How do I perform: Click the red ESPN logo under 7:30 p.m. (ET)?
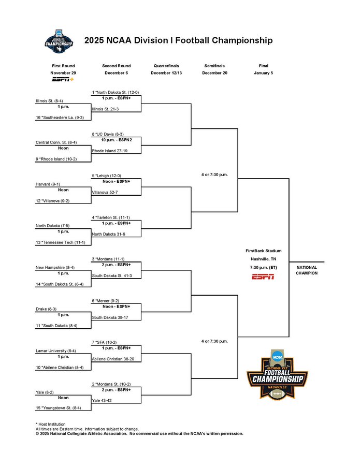[x=263, y=277]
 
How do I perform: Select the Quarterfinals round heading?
[x=167, y=66]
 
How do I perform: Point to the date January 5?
[x=263, y=73]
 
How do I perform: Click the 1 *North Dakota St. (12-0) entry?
[x=115, y=92]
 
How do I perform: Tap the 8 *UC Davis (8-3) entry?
[x=107, y=134]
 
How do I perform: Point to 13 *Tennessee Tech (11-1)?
[x=60, y=242]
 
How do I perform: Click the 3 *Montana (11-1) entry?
[x=108, y=259]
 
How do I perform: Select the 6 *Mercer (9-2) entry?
[x=106, y=300]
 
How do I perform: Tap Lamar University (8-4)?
[x=56, y=351]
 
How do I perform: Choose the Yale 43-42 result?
[x=103, y=400]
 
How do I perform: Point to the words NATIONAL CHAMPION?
[x=307, y=270]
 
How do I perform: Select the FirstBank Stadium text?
[x=263, y=251]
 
